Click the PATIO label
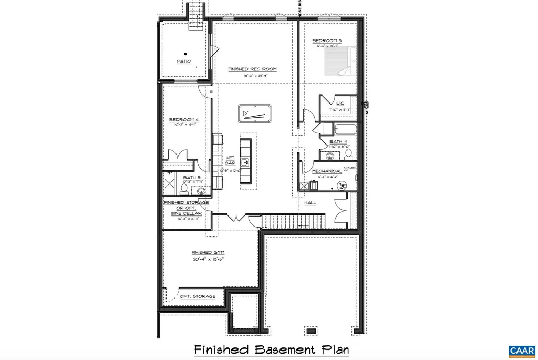(x=183, y=61)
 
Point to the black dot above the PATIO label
(x=185, y=53)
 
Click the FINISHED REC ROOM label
(x=252, y=69)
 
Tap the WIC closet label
(x=340, y=104)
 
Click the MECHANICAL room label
(x=327, y=171)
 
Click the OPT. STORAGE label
(x=197, y=296)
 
